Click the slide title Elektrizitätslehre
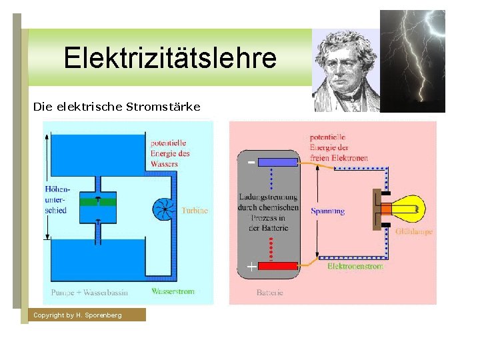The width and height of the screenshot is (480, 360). pos(169,59)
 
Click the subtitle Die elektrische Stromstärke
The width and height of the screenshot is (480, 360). pos(117,106)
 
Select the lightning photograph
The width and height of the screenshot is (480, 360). pos(411,61)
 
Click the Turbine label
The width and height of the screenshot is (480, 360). pos(195,210)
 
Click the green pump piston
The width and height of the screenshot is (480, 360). pos(97,200)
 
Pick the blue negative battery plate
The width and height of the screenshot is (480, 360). pos(276,161)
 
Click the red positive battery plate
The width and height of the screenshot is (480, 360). pos(277,267)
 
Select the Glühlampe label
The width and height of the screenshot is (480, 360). pos(414,232)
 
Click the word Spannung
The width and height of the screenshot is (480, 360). pos(328,211)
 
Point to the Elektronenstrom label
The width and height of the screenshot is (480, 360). pos(355,267)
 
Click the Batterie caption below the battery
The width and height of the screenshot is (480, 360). pos(270,293)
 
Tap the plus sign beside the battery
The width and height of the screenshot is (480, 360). pos(251,267)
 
